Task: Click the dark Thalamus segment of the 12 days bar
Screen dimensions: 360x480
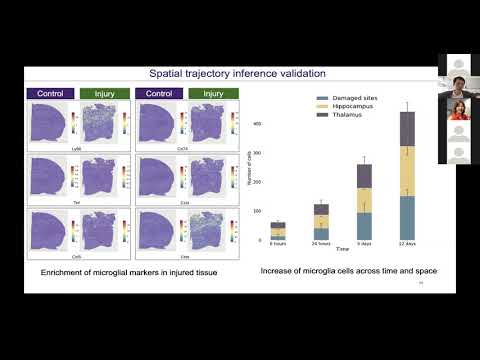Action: click(408, 129)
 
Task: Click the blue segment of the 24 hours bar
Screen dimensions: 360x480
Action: click(321, 233)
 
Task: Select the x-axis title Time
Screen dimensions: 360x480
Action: click(343, 249)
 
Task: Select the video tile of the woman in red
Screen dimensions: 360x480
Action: click(459, 109)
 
